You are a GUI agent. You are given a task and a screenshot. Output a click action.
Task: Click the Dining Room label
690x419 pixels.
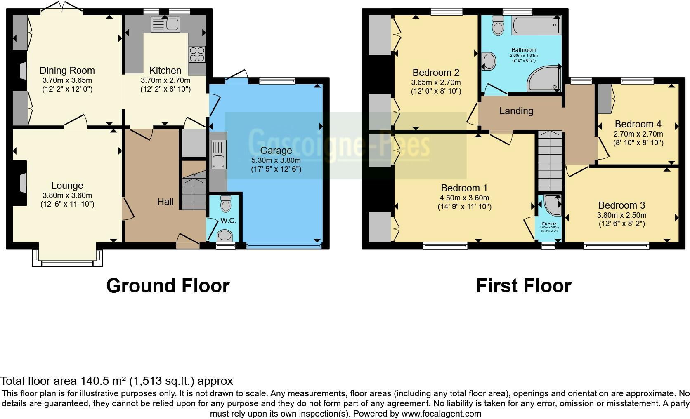pos(67,71)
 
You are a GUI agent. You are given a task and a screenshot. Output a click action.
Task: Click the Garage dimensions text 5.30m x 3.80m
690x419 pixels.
pos(276,160)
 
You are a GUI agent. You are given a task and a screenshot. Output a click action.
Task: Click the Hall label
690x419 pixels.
pos(165,202)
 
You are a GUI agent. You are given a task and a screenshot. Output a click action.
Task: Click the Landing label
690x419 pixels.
pos(516,111)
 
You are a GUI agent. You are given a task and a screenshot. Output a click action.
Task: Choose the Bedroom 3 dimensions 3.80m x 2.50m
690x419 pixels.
pos(621,215)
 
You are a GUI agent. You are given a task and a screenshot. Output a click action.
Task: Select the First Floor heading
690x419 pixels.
pos(523,286)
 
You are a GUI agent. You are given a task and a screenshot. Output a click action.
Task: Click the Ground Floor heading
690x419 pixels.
pos(168,286)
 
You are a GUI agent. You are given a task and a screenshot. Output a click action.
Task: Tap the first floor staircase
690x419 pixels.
pos(550,161)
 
